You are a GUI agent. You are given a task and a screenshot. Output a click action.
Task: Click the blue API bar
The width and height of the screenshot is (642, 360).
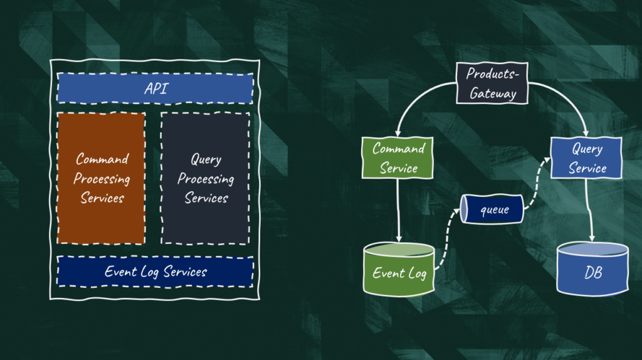pos(155,88)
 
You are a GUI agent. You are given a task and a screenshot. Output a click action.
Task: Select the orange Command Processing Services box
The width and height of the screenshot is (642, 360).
pos(102,178)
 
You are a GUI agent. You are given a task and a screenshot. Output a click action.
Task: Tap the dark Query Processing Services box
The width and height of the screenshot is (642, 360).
pos(206,178)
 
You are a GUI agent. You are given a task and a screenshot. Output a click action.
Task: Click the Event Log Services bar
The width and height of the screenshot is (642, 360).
pos(155,272)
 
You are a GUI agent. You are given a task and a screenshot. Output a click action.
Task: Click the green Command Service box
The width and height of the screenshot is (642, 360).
pos(398,158)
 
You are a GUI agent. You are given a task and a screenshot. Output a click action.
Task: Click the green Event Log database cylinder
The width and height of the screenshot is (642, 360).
pos(399,270)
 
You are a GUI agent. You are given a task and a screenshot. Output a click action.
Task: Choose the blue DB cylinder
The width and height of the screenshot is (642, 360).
pos(592,270)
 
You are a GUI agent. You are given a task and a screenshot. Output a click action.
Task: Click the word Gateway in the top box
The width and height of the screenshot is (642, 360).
pos(493,94)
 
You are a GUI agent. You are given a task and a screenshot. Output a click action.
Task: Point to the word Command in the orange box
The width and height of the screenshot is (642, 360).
pos(102,159)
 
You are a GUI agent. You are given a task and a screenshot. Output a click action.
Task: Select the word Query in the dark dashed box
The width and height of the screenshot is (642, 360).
pos(206,159)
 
